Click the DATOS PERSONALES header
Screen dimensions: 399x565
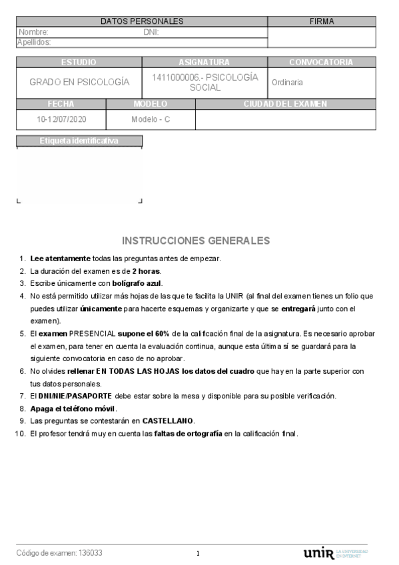[142, 22]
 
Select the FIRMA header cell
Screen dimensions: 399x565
[322, 22]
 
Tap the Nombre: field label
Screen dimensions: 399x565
[34, 32]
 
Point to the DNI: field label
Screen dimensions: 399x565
[151, 32]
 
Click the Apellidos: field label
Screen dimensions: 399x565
[34, 41]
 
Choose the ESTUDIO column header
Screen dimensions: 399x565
[79, 62]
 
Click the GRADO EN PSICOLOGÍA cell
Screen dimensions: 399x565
[79, 83]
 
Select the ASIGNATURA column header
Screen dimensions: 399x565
[204, 62]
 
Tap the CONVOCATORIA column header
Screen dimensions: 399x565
[321, 62]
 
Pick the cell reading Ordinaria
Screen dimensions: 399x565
[287, 83]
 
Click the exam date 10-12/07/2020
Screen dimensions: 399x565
[61, 120]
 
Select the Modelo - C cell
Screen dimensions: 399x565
[151, 120]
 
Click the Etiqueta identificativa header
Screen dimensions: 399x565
[79, 141]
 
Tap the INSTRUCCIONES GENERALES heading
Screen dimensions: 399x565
[197, 240]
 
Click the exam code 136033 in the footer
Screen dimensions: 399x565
[91, 553]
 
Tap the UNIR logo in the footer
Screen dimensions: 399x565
[318, 554]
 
